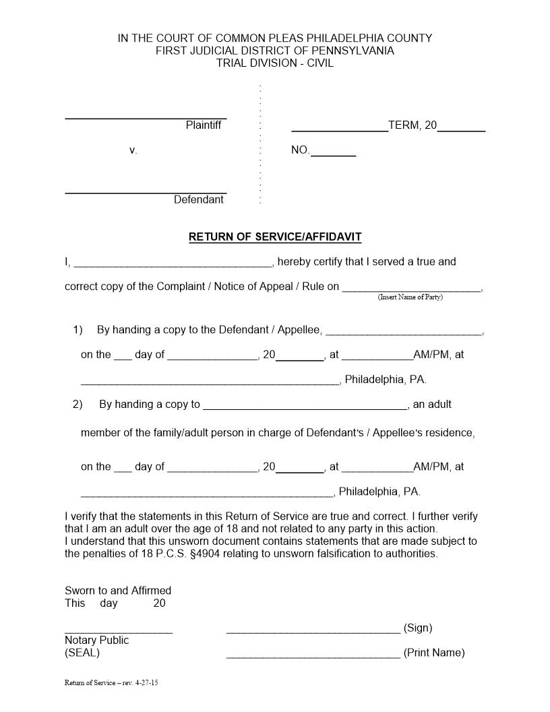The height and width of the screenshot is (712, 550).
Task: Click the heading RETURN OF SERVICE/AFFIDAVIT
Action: pos(275,237)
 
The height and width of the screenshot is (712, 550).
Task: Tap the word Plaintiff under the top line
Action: pos(203,125)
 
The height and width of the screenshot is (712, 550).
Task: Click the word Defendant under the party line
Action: pos(199,200)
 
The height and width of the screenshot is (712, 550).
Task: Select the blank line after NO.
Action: pos(333,154)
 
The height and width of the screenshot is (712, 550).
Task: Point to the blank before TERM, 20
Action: pos(339,129)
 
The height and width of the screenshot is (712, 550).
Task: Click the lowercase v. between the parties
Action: pos(133,150)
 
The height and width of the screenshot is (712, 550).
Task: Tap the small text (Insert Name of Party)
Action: pos(410,297)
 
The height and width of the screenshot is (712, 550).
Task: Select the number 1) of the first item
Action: pos(78,330)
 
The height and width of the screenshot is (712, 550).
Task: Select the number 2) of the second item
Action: pos(78,405)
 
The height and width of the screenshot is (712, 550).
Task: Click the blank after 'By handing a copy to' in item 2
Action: pos(305,408)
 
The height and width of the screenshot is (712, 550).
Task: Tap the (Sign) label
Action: pos(418,628)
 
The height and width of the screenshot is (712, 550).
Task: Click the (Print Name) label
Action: pos(434,653)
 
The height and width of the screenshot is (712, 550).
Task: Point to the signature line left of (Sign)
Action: pos(313,632)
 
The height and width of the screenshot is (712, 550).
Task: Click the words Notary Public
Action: pos(96,640)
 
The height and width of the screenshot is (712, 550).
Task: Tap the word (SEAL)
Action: pos(82,653)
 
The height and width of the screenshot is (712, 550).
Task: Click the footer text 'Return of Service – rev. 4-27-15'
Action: pos(111,682)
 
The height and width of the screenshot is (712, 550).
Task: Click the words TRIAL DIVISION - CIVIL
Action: pos(275,63)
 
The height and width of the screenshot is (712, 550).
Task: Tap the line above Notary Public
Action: pos(119,632)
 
